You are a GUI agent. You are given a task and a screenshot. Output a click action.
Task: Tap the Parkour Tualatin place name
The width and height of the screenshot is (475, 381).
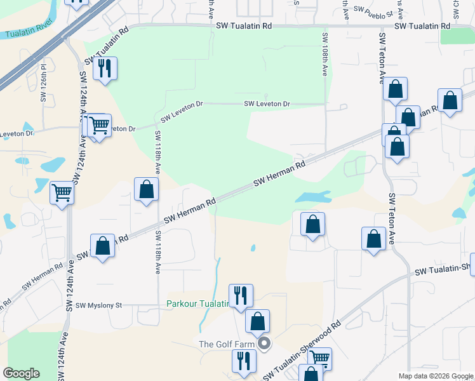click(x=197, y=304)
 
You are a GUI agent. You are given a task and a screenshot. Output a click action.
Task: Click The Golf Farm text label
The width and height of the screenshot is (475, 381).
click(x=227, y=344)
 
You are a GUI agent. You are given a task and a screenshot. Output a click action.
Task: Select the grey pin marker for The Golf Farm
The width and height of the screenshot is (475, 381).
click(x=264, y=344)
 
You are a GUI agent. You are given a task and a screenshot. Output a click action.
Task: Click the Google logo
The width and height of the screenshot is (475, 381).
click(x=21, y=373)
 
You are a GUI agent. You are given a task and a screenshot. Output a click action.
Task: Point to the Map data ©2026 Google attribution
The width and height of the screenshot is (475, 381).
click(x=435, y=376)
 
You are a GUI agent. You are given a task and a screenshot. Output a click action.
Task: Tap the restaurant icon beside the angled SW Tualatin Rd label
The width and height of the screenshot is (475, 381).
click(x=105, y=68)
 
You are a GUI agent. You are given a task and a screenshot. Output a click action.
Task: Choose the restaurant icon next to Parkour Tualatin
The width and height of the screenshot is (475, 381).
click(x=241, y=295)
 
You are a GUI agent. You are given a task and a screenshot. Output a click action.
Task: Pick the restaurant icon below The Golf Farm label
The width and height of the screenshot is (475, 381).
click(x=244, y=362)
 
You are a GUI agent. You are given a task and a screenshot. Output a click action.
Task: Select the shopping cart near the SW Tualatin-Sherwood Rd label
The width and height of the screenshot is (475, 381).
click(x=319, y=358)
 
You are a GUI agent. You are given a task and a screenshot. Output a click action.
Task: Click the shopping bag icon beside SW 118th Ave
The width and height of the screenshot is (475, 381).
click(x=146, y=189)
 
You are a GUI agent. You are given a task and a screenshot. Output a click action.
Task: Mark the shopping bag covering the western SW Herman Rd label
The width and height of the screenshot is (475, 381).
click(x=102, y=246)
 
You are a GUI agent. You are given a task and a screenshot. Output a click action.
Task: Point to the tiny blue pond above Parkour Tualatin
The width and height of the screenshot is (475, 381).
click(x=253, y=248)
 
